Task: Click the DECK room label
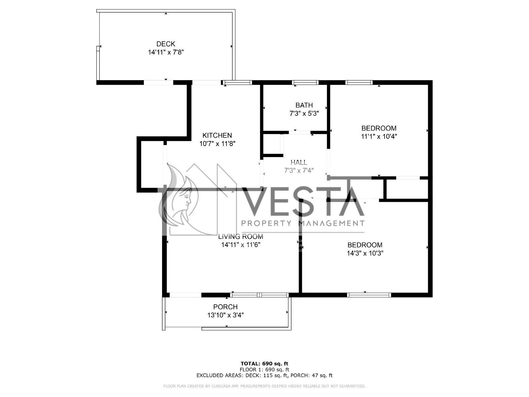tap(166, 44)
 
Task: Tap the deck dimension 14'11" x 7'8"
tap(166, 52)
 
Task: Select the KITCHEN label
tap(217, 135)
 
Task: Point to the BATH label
tap(304, 105)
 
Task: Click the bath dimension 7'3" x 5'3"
tap(304, 113)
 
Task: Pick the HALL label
tap(299, 162)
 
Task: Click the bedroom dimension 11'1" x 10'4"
tap(379, 136)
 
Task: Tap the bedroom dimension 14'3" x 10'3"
tap(365, 253)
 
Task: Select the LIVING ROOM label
tap(240, 237)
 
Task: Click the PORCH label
tap(225, 307)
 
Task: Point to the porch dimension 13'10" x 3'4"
tap(225, 315)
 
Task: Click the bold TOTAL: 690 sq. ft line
tap(264, 364)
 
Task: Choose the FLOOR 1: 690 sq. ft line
tap(264, 370)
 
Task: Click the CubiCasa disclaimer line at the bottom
tap(264, 386)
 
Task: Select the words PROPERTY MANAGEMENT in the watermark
tap(303, 223)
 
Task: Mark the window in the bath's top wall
tap(305, 82)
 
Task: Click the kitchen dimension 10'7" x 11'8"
tap(217, 144)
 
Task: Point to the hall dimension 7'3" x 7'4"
tap(299, 171)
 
